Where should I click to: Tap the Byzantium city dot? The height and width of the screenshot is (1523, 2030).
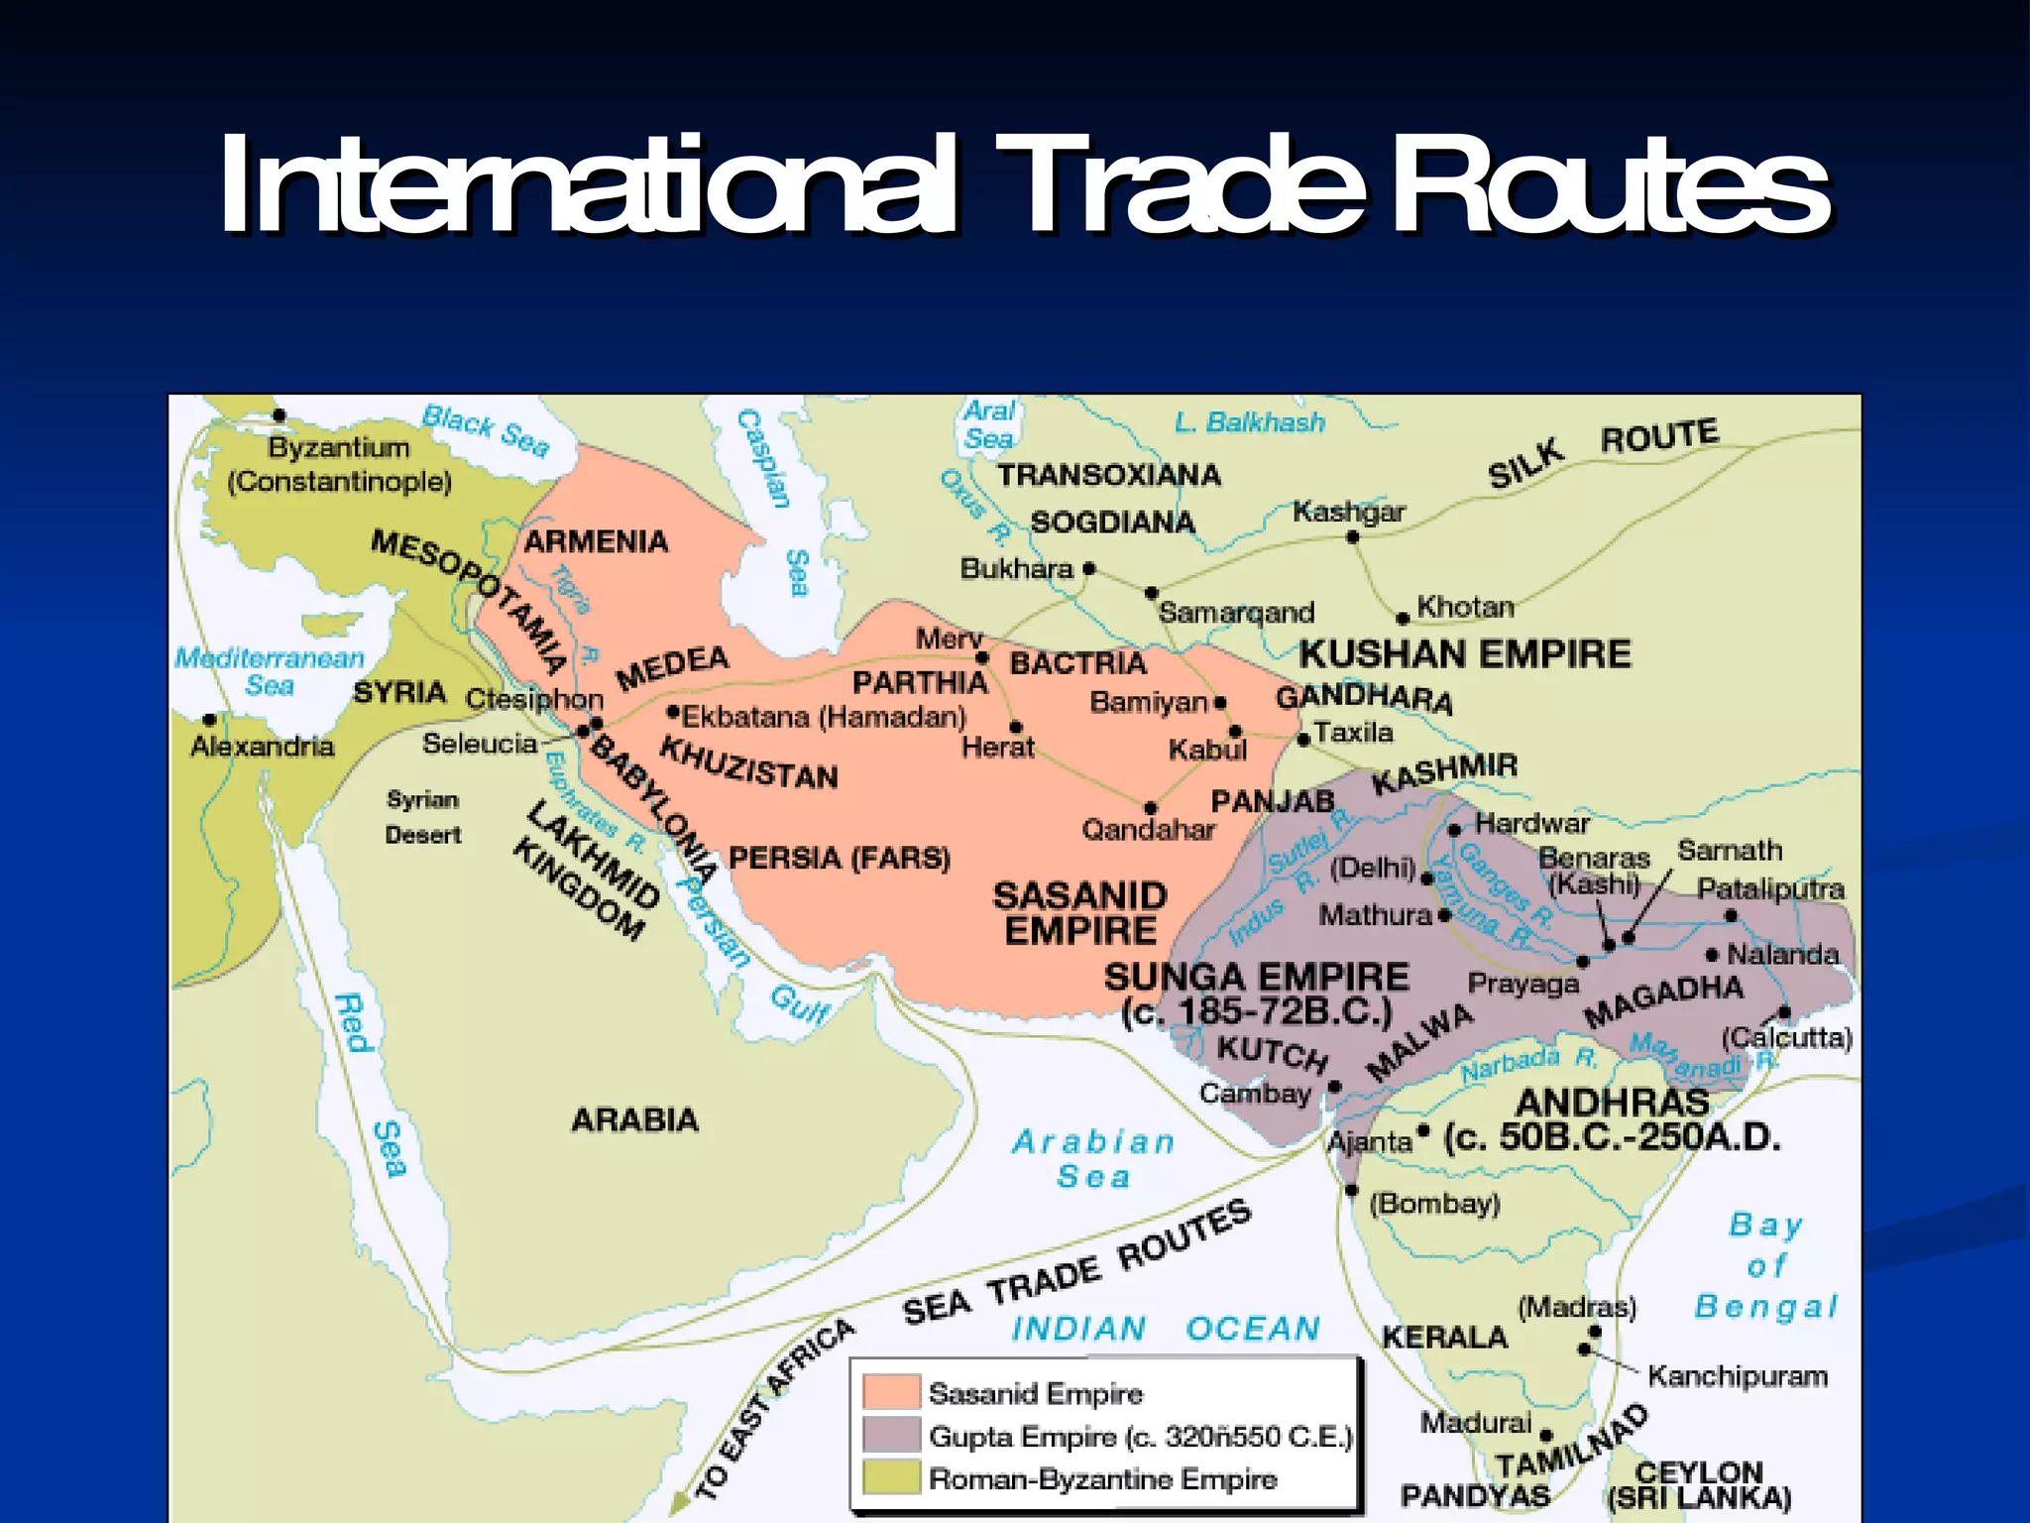click(280, 415)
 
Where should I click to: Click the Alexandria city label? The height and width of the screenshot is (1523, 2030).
click(263, 746)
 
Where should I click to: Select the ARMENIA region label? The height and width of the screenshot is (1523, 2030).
click(596, 541)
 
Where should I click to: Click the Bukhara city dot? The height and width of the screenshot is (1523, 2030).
click(1089, 568)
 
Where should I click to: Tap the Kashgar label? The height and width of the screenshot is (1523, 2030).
click(1348, 512)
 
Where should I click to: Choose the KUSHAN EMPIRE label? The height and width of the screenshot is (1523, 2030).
click(1464, 654)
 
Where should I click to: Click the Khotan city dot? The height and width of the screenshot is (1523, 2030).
click(1403, 619)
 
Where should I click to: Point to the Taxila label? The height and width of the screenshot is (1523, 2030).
click(1353, 732)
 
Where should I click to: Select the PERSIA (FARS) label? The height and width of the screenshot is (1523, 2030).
click(839, 858)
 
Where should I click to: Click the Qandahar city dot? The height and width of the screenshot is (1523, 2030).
click(1150, 808)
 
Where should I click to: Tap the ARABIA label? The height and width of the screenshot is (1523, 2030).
click(635, 1119)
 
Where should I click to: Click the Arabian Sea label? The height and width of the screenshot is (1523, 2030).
click(1093, 1158)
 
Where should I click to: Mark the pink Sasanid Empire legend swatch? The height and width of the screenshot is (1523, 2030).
click(890, 1391)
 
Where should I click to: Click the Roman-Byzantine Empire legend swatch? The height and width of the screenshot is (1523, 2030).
click(890, 1477)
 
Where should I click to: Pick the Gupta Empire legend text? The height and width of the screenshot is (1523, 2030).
click(1140, 1436)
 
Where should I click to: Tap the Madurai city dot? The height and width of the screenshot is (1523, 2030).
click(1546, 1435)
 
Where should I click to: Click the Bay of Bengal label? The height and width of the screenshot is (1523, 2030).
click(1766, 1266)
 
